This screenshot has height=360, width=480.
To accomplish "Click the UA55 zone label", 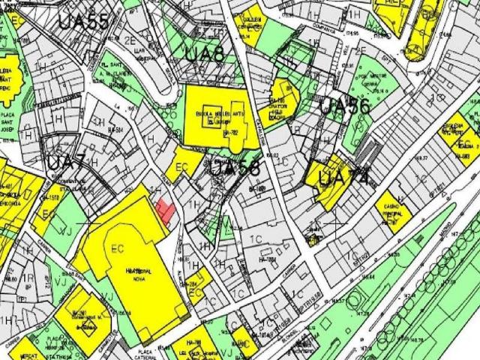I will tap(83, 21).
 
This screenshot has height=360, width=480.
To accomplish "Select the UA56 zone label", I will tap(345, 106).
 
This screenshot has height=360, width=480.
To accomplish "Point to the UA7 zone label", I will tap(66, 162).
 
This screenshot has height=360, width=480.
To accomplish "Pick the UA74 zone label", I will tap(343, 179).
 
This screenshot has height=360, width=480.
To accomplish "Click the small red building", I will tap(166, 208).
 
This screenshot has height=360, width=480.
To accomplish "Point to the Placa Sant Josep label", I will tap(7, 124).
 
